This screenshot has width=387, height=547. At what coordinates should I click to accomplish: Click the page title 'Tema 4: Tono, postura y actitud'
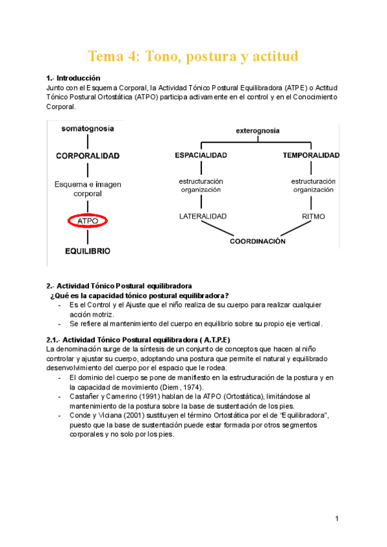point(193,56)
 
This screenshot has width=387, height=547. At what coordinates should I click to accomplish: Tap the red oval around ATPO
point(87,221)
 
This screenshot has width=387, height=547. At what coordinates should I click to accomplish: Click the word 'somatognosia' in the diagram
point(88,128)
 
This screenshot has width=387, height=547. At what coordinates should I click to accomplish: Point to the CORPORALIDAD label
point(88,155)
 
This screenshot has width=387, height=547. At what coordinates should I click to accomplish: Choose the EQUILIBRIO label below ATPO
point(87,250)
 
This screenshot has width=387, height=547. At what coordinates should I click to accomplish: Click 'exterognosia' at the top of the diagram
point(257,130)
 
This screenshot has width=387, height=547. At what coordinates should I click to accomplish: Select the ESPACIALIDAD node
point(201,155)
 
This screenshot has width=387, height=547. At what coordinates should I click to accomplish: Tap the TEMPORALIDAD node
point(312,155)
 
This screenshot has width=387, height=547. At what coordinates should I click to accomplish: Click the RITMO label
point(313,216)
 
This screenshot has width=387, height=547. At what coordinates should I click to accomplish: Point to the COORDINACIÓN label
point(257,241)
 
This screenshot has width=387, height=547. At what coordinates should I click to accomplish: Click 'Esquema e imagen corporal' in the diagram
point(88,188)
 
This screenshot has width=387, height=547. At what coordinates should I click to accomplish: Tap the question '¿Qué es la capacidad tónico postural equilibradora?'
point(139,295)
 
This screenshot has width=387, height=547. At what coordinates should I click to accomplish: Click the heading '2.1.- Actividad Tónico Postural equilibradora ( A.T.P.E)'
point(139,339)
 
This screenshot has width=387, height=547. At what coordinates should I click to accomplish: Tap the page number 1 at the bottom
point(337,519)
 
